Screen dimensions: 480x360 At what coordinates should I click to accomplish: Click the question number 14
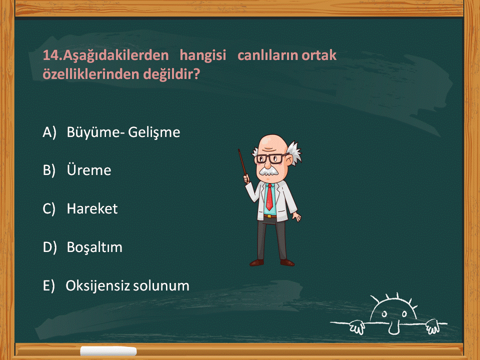(x=52, y=55)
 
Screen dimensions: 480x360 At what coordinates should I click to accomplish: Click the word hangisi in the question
(x=202, y=55)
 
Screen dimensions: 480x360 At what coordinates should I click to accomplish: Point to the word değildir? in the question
(x=171, y=74)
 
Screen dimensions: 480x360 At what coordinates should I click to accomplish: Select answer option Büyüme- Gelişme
(x=123, y=132)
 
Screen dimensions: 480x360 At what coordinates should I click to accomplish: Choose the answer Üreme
(x=89, y=170)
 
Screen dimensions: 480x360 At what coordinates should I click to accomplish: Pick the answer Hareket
(x=92, y=208)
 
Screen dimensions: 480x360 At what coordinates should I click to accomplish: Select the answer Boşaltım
(x=94, y=247)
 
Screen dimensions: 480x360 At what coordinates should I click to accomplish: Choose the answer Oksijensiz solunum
(x=127, y=285)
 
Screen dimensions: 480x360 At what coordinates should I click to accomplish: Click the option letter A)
(x=49, y=132)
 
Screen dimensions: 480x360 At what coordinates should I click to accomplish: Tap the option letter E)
(x=49, y=286)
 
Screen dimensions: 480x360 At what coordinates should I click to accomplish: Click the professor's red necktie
(x=269, y=197)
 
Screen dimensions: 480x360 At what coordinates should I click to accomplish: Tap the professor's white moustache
(x=268, y=171)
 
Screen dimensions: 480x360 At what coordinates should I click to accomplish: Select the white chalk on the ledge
(x=108, y=351)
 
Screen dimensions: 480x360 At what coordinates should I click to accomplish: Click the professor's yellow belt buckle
(x=269, y=216)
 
